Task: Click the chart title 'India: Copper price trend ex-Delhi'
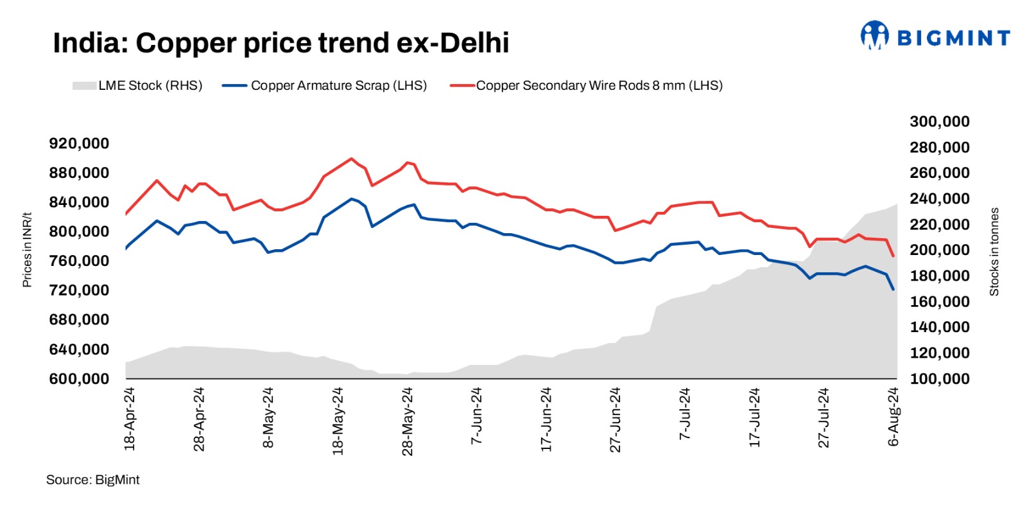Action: pos(280,43)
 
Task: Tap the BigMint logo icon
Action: pos(874,36)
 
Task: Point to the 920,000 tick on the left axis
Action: pos(79,143)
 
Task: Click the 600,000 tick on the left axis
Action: pos(79,379)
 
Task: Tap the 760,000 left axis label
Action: pos(79,261)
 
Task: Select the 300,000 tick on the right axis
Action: pos(939,121)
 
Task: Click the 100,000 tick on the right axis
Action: pos(939,379)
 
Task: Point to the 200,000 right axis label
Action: pos(939,250)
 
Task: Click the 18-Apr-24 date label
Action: pos(130,418)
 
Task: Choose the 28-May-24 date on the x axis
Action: pos(408,421)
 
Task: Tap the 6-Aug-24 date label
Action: pos(893,417)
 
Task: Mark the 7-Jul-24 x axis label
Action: pos(685,414)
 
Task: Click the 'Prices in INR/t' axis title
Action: pos(27,250)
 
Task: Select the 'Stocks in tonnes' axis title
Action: pos(994,251)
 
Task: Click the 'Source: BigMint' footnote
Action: pos(92,480)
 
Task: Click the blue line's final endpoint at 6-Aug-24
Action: pos(893,290)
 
